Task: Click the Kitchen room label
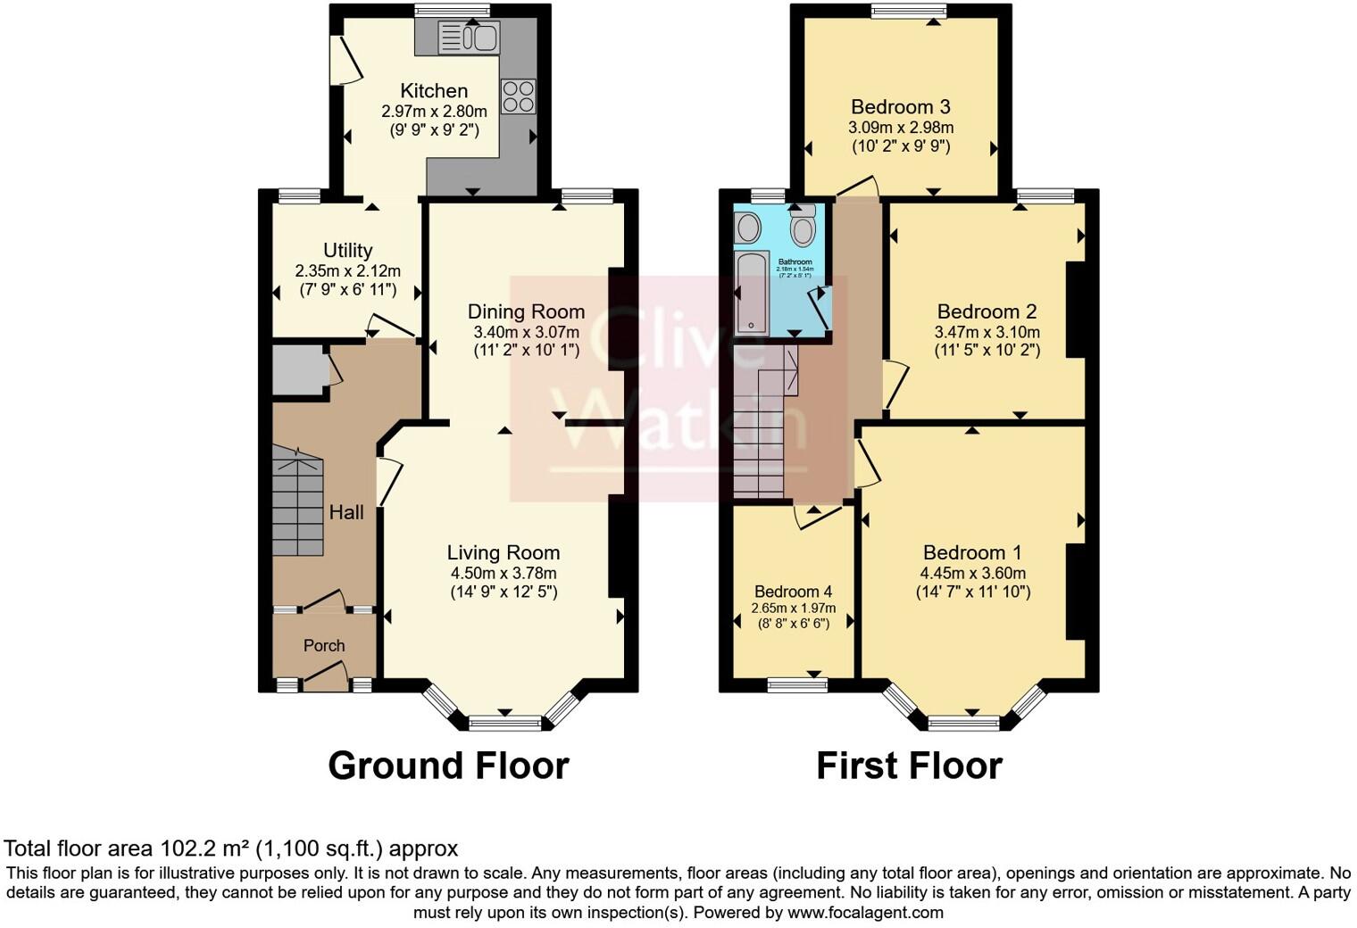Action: [434, 90]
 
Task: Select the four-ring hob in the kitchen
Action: [519, 96]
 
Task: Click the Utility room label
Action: [347, 251]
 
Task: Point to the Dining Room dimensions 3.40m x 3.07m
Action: [526, 332]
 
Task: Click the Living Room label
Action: [504, 553]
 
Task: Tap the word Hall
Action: [346, 512]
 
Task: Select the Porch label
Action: [323, 645]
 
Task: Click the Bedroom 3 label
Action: [900, 107]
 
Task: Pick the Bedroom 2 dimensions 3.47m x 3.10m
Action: [987, 332]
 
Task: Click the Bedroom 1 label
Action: [972, 553]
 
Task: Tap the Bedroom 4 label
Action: [793, 592]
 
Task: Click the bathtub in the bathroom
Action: [751, 293]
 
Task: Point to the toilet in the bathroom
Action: [803, 227]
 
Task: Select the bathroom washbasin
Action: [747, 228]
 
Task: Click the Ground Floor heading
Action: [448, 766]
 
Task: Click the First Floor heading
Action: [909, 766]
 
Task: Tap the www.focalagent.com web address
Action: [864, 913]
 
